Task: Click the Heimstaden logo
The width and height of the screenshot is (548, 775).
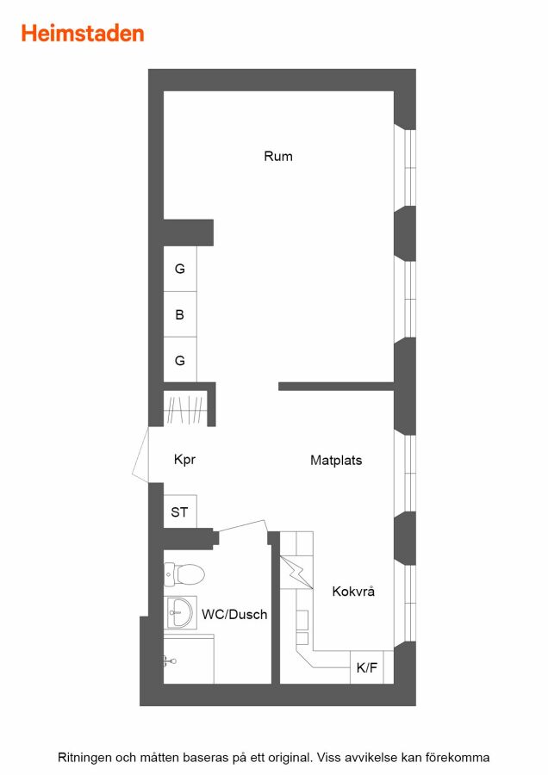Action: (x=83, y=34)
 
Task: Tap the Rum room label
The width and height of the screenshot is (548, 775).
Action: (x=278, y=157)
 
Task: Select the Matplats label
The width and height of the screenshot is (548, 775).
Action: (x=336, y=460)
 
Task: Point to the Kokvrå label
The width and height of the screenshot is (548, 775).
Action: (x=353, y=591)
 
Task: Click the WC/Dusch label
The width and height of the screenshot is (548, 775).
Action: (x=234, y=614)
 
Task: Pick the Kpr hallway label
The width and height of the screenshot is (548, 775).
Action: (x=184, y=460)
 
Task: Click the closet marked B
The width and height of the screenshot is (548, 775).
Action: (x=180, y=314)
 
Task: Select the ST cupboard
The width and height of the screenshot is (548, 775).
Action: (x=180, y=512)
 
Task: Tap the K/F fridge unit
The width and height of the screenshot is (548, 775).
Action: (x=366, y=667)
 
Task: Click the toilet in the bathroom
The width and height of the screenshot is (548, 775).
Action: (x=184, y=574)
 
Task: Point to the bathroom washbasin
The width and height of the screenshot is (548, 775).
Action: (x=180, y=612)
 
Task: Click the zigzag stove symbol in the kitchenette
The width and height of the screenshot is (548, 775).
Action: (x=296, y=573)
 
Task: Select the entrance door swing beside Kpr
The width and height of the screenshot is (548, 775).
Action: (x=140, y=455)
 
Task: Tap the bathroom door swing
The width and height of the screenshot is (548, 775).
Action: (x=242, y=527)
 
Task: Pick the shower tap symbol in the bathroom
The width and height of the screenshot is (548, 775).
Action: (x=170, y=660)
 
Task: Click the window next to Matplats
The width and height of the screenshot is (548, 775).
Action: (x=405, y=474)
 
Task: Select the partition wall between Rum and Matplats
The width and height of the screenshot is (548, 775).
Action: (x=336, y=387)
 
